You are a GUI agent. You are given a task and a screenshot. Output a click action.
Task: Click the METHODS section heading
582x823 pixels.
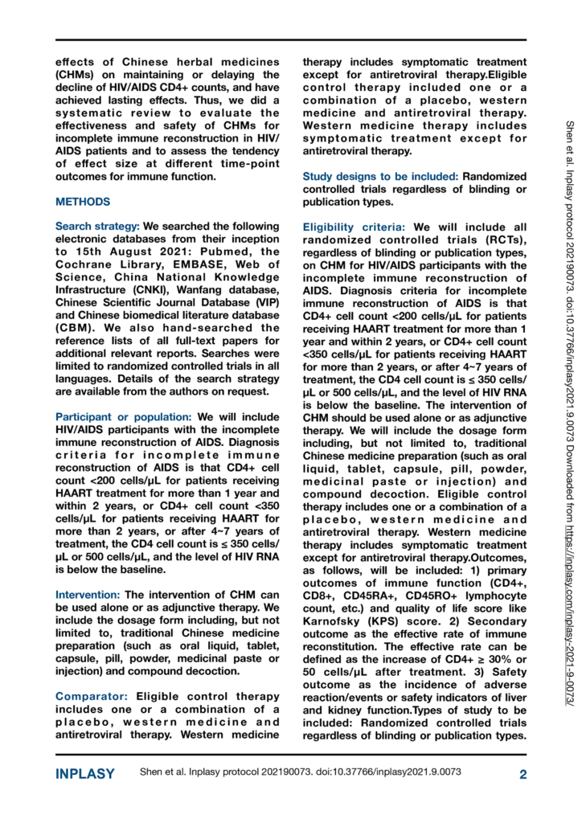(x=84, y=202)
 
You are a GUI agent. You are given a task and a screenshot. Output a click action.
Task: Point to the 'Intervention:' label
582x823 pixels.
(x=85, y=594)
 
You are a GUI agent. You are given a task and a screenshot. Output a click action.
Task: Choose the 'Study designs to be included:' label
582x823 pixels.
(x=368, y=177)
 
